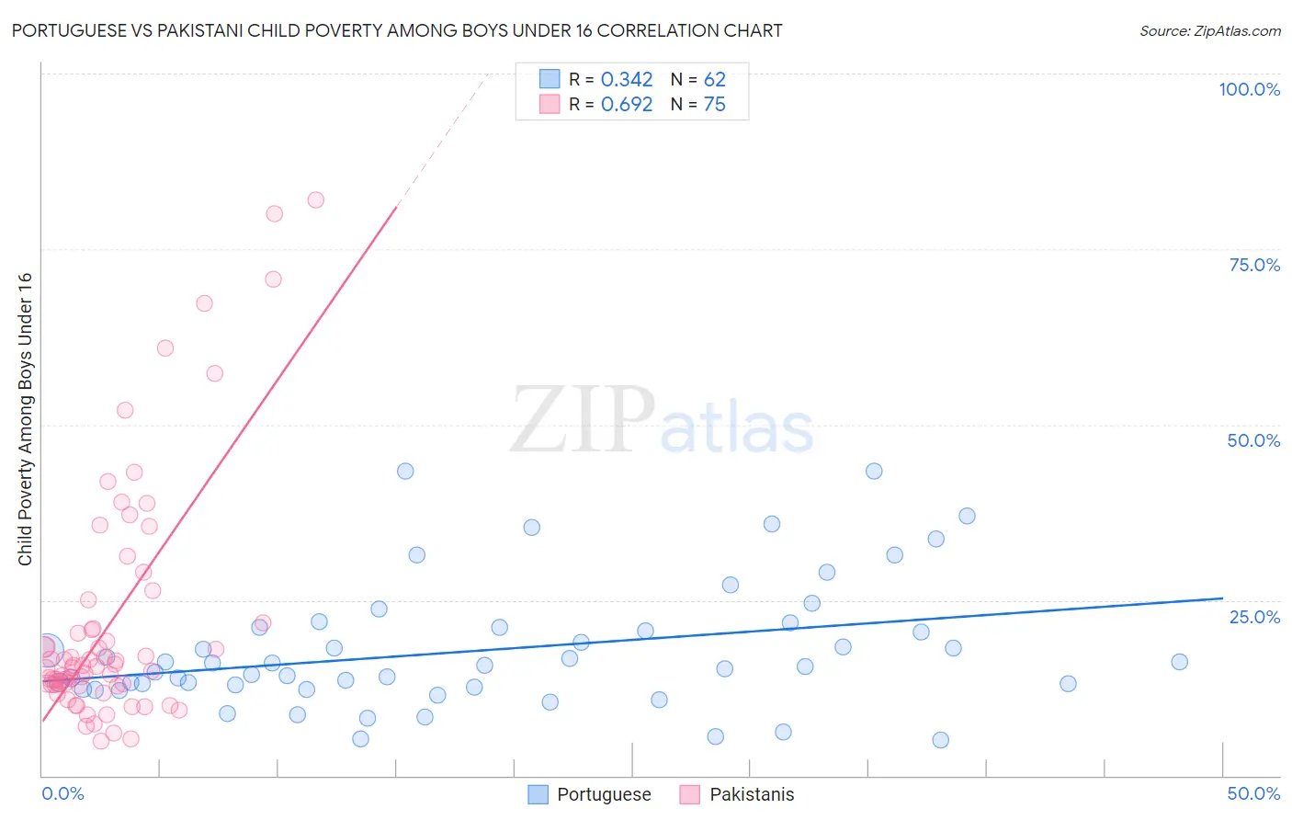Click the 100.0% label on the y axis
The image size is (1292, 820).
coord(1249,89)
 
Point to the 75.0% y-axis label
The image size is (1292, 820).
coord(1253,265)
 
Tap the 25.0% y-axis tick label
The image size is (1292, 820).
coord(1253,617)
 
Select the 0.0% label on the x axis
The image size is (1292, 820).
coord(62,793)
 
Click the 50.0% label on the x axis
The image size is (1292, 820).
coord(1252,793)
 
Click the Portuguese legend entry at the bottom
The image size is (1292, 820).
coord(603,794)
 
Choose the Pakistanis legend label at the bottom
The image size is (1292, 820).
coord(751,794)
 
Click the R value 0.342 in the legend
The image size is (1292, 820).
coord(626,80)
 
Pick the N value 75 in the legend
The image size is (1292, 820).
coord(714,105)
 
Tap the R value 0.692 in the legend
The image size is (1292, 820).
coord(626,105)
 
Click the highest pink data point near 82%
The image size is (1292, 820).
coord(315,199)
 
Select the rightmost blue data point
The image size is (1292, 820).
coord(1179,662)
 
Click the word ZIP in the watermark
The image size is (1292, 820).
coord(582,420)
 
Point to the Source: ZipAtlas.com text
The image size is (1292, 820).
coord(1209,31)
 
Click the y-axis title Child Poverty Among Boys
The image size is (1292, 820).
coord(25,419)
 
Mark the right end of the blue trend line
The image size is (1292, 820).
coord(1222,598)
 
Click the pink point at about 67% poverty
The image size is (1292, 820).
coord(204,303)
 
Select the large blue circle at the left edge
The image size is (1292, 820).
coord(46,649)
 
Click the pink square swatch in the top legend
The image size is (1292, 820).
coord(550,104)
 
